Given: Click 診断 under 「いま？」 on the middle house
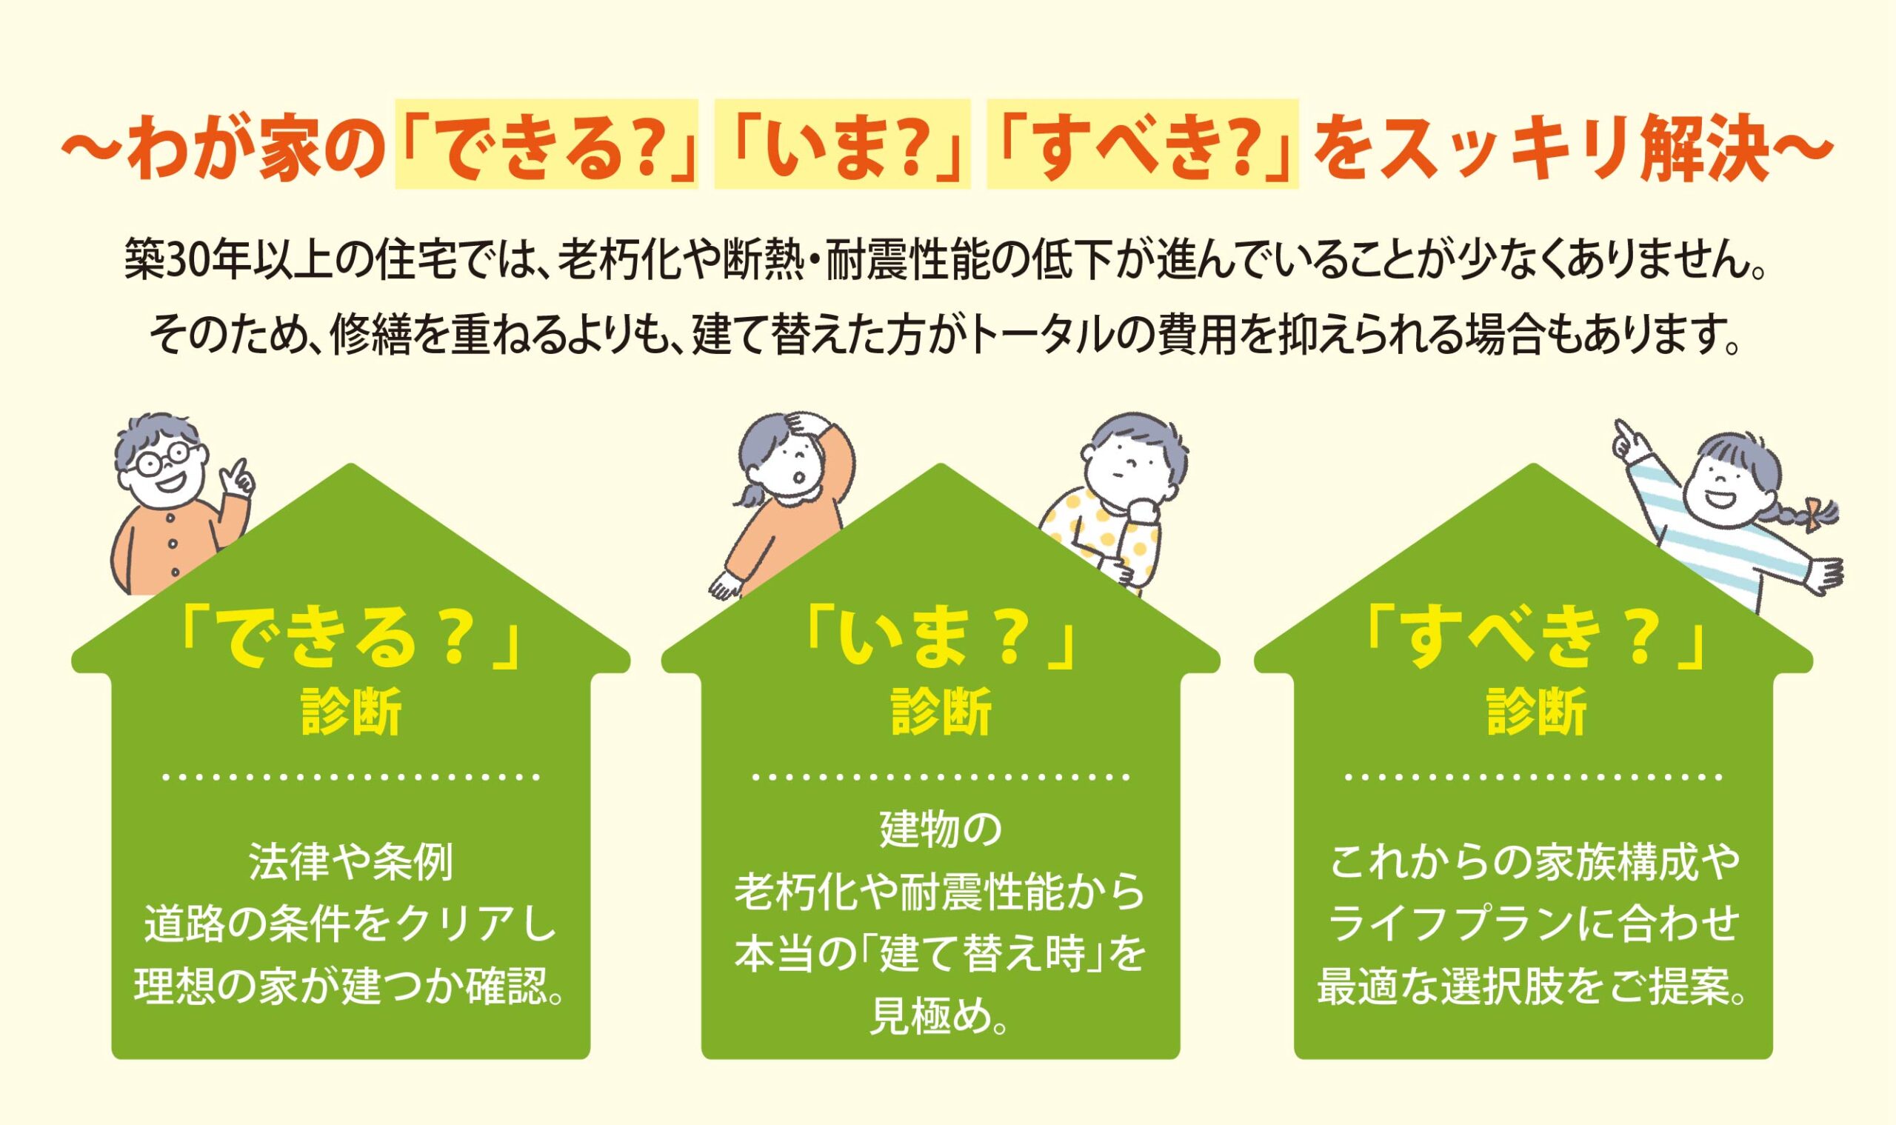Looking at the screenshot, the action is click(x=941, y=712).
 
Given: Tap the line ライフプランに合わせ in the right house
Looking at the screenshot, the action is click(x=1535, y=926).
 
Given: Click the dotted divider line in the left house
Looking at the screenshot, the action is click(x=351, y=777).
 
